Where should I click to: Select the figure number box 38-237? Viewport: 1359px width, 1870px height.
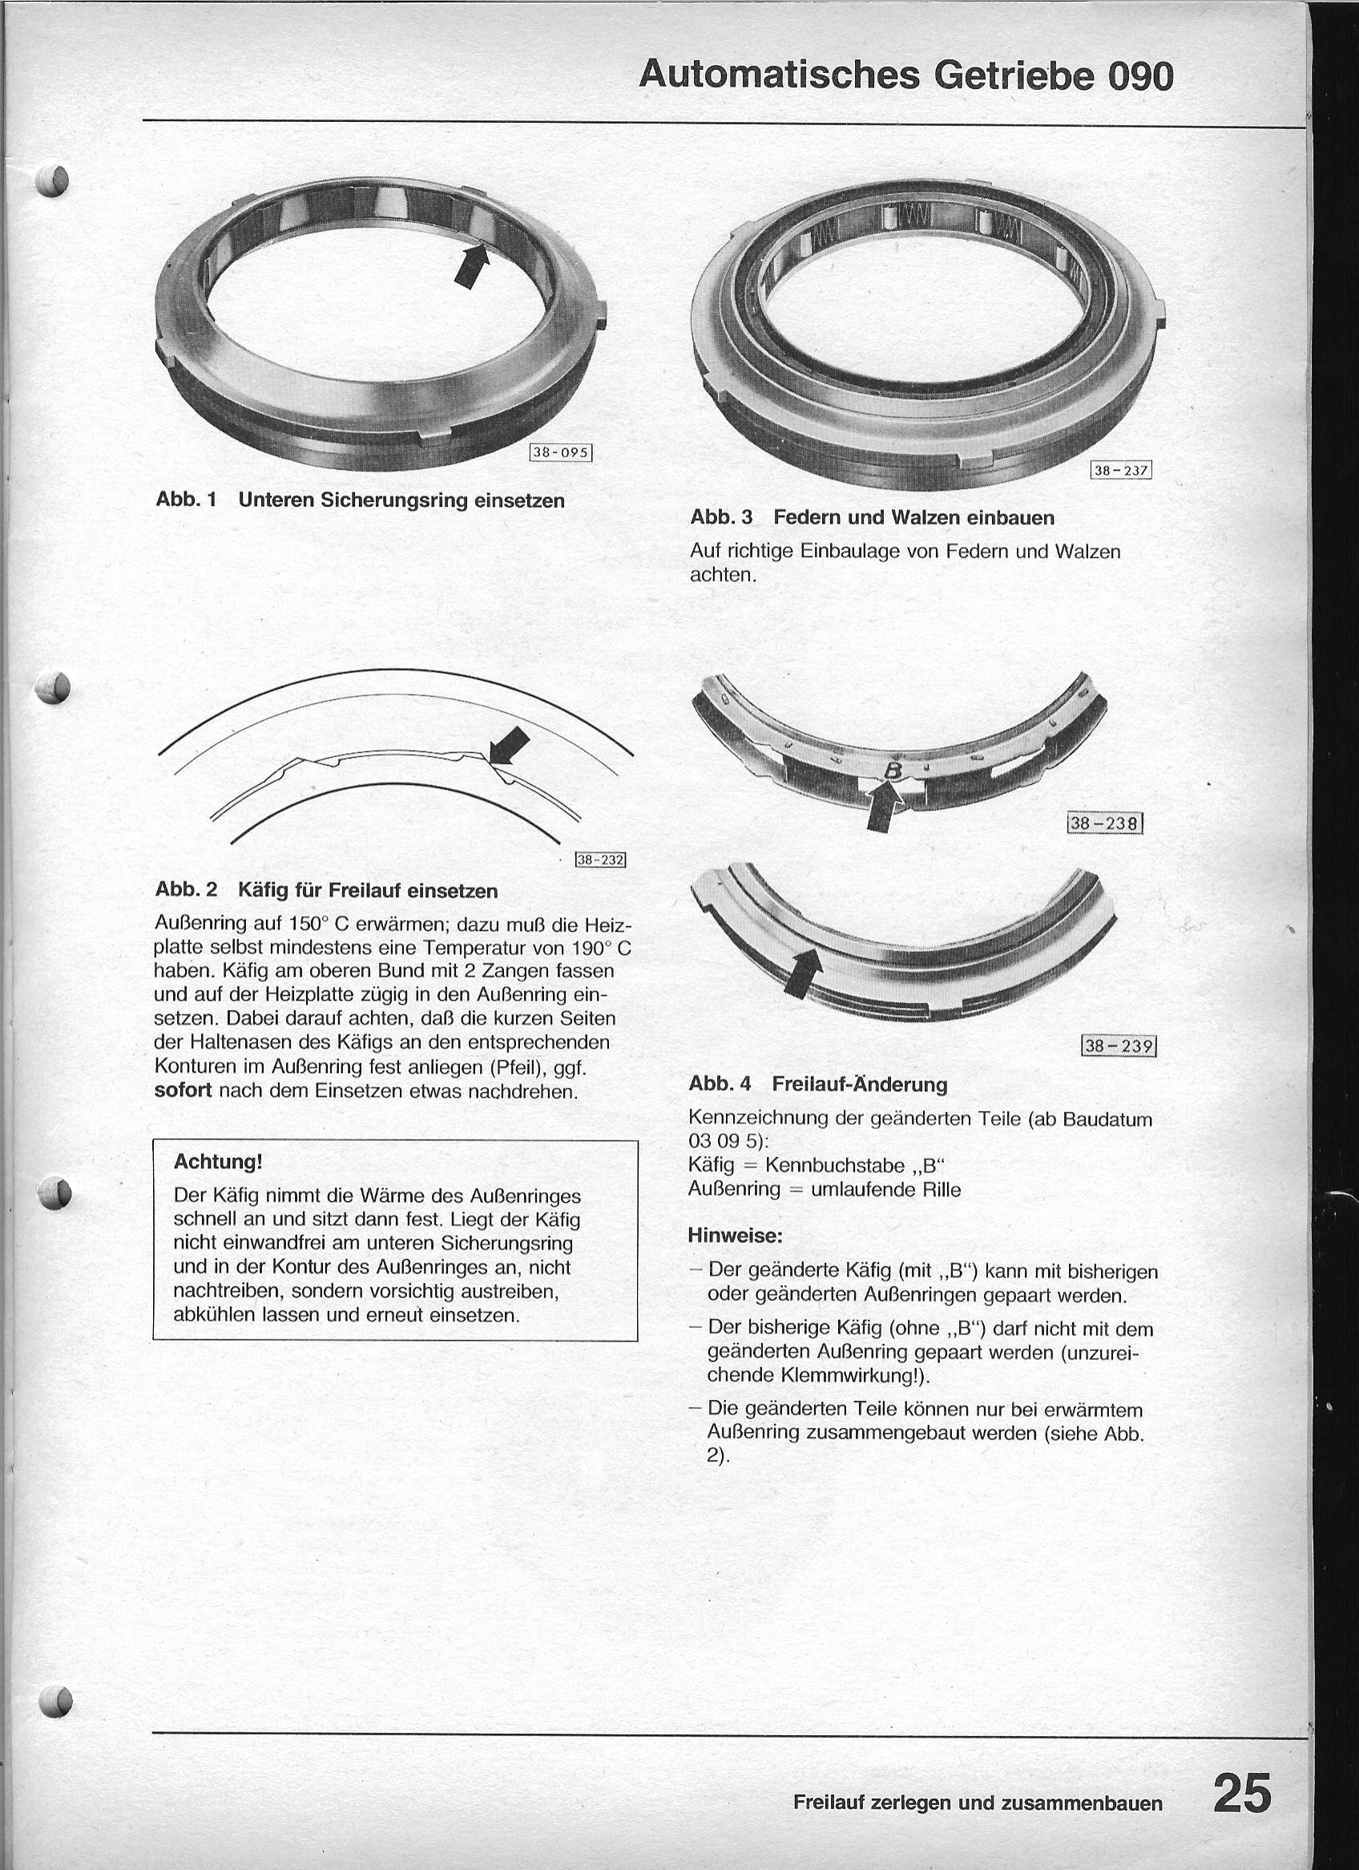click(x=1120, y=471)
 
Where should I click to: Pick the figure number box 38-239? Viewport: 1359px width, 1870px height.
click(x=1119, y=1046)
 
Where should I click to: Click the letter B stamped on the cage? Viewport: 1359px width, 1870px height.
click(x=890, y=770)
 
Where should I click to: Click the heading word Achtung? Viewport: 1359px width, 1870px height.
click(x=218, y=1162)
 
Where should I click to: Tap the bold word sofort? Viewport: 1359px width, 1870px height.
click(x=183, y=1090)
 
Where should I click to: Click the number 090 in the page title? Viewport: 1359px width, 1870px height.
click(x=1139, y=76)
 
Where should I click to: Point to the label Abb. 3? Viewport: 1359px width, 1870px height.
click(x=721, y=518)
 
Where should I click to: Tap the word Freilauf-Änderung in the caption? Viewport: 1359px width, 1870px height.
click(x=860, y=1084)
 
